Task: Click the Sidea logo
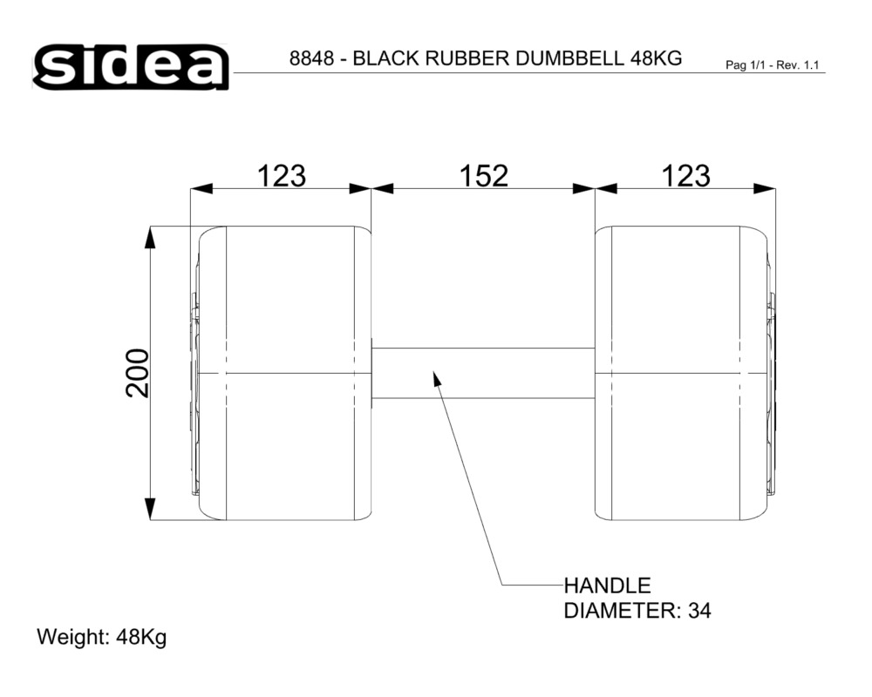[x=131, y=67]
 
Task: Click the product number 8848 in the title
[x=311, y=58]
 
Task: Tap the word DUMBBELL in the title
[x=569, y=58]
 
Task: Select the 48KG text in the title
[x=657, y=58]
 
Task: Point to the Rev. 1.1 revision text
[x=798, y=65]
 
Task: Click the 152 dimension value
[x=483, y=176]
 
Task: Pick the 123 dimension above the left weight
[x=281, y=176]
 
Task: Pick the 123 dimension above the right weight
[x=685, y=176]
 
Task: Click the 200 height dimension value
[x=137, y=373]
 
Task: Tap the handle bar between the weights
[x=483, y=373]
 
